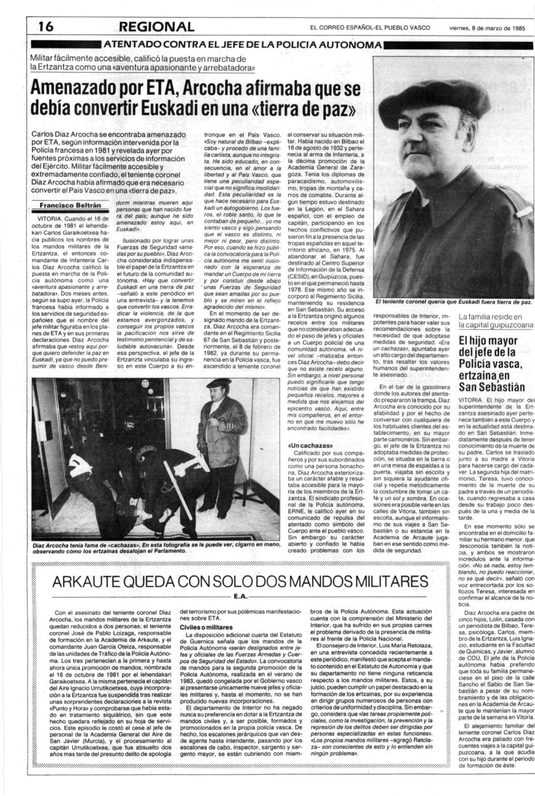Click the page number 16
[x=46, y=27]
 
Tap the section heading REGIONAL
[x=157, y=27]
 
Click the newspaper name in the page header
[x=370, y=28]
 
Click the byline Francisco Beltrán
[x=70, y=205]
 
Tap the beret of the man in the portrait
[x=443, y=99]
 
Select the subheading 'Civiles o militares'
[x=206, y=627]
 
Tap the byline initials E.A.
[x=238, y=595]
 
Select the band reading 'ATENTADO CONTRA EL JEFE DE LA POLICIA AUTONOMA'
[x=241, y=45]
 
